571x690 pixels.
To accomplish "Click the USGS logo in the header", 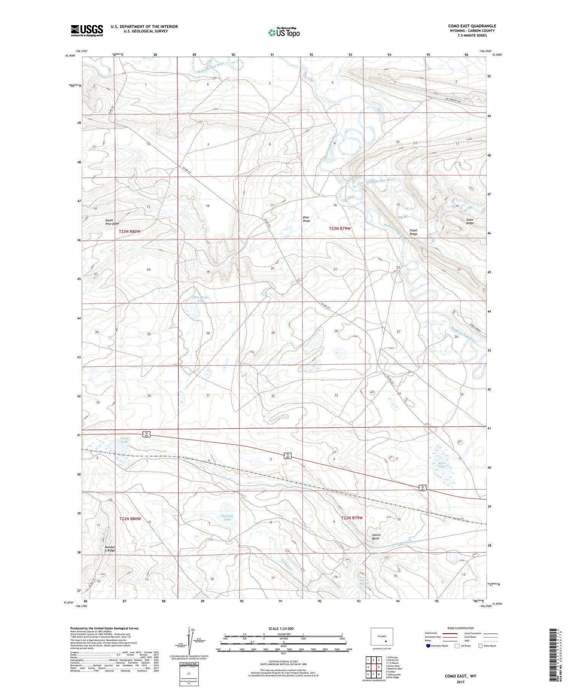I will [x=87, y=30].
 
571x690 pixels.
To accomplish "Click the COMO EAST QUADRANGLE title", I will [x=472, y=26].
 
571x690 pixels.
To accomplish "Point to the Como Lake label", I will [x=125, y=440].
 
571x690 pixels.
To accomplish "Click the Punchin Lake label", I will [x=227, y=518].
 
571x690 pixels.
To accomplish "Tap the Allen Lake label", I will [x=442, y=465].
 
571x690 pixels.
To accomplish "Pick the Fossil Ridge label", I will [x=413, y=232].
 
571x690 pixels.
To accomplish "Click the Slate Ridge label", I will [x=470, y=221].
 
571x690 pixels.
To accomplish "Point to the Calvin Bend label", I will [x=376, y=537].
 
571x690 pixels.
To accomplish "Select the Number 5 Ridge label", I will [x=110, y=549].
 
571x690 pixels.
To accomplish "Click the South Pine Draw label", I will [x=112, y=222].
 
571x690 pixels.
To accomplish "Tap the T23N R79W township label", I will [x=340, y=228].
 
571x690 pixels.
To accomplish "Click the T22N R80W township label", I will [x=130, y=519].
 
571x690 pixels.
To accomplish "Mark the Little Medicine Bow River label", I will [x=376, y=182].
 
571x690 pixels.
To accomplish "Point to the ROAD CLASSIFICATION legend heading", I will [x=461, y=628].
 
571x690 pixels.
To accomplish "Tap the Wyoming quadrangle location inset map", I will [x=382, y=638].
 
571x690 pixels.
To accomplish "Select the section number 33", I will [x=336, y=395].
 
